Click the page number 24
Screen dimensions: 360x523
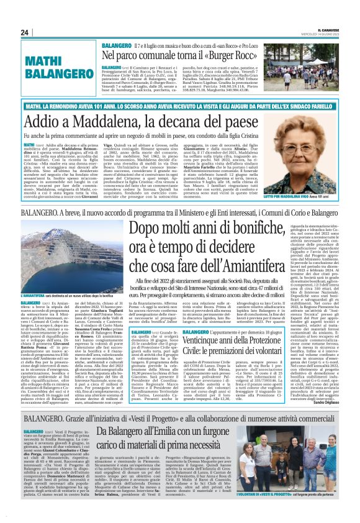[x=25, y=32]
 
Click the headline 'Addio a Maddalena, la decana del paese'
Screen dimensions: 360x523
[x=155, y=114]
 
